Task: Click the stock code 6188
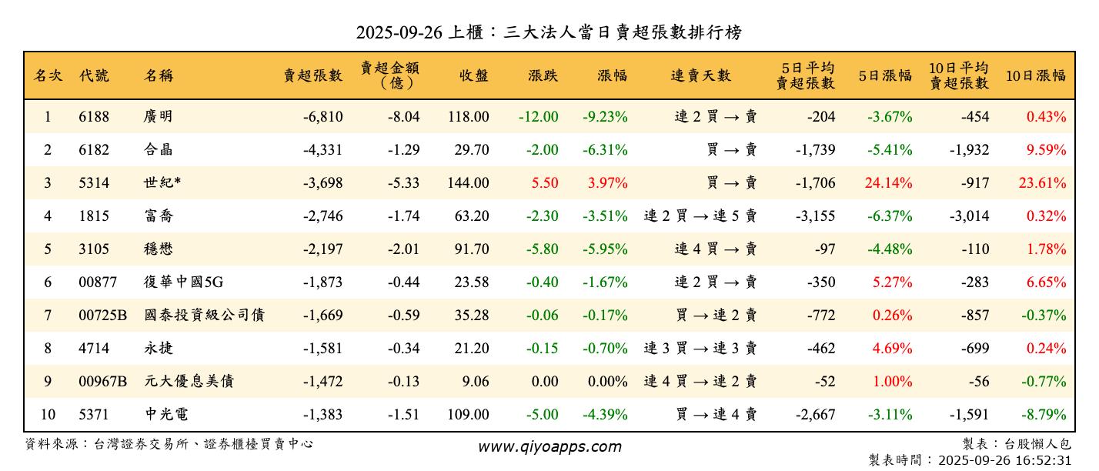[94, 117]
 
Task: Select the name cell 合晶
[159, 150]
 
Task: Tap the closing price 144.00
[468, 183]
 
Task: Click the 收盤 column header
[474, 75]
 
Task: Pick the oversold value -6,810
[322, 117]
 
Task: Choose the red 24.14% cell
[890, 183]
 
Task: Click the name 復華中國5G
[183, 282]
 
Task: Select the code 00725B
[102, 316]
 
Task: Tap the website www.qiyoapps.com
[549, 447]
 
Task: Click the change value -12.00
[538, 117]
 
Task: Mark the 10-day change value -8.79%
[1044, 415]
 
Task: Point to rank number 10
[48, 415]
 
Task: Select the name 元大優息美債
[189, 382]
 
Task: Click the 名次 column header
[48, 75]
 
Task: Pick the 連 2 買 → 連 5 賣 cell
[700, 216]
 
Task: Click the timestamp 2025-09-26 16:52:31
[1001, 460]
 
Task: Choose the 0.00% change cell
[607, 382]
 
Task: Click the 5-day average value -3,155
[815, 216]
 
